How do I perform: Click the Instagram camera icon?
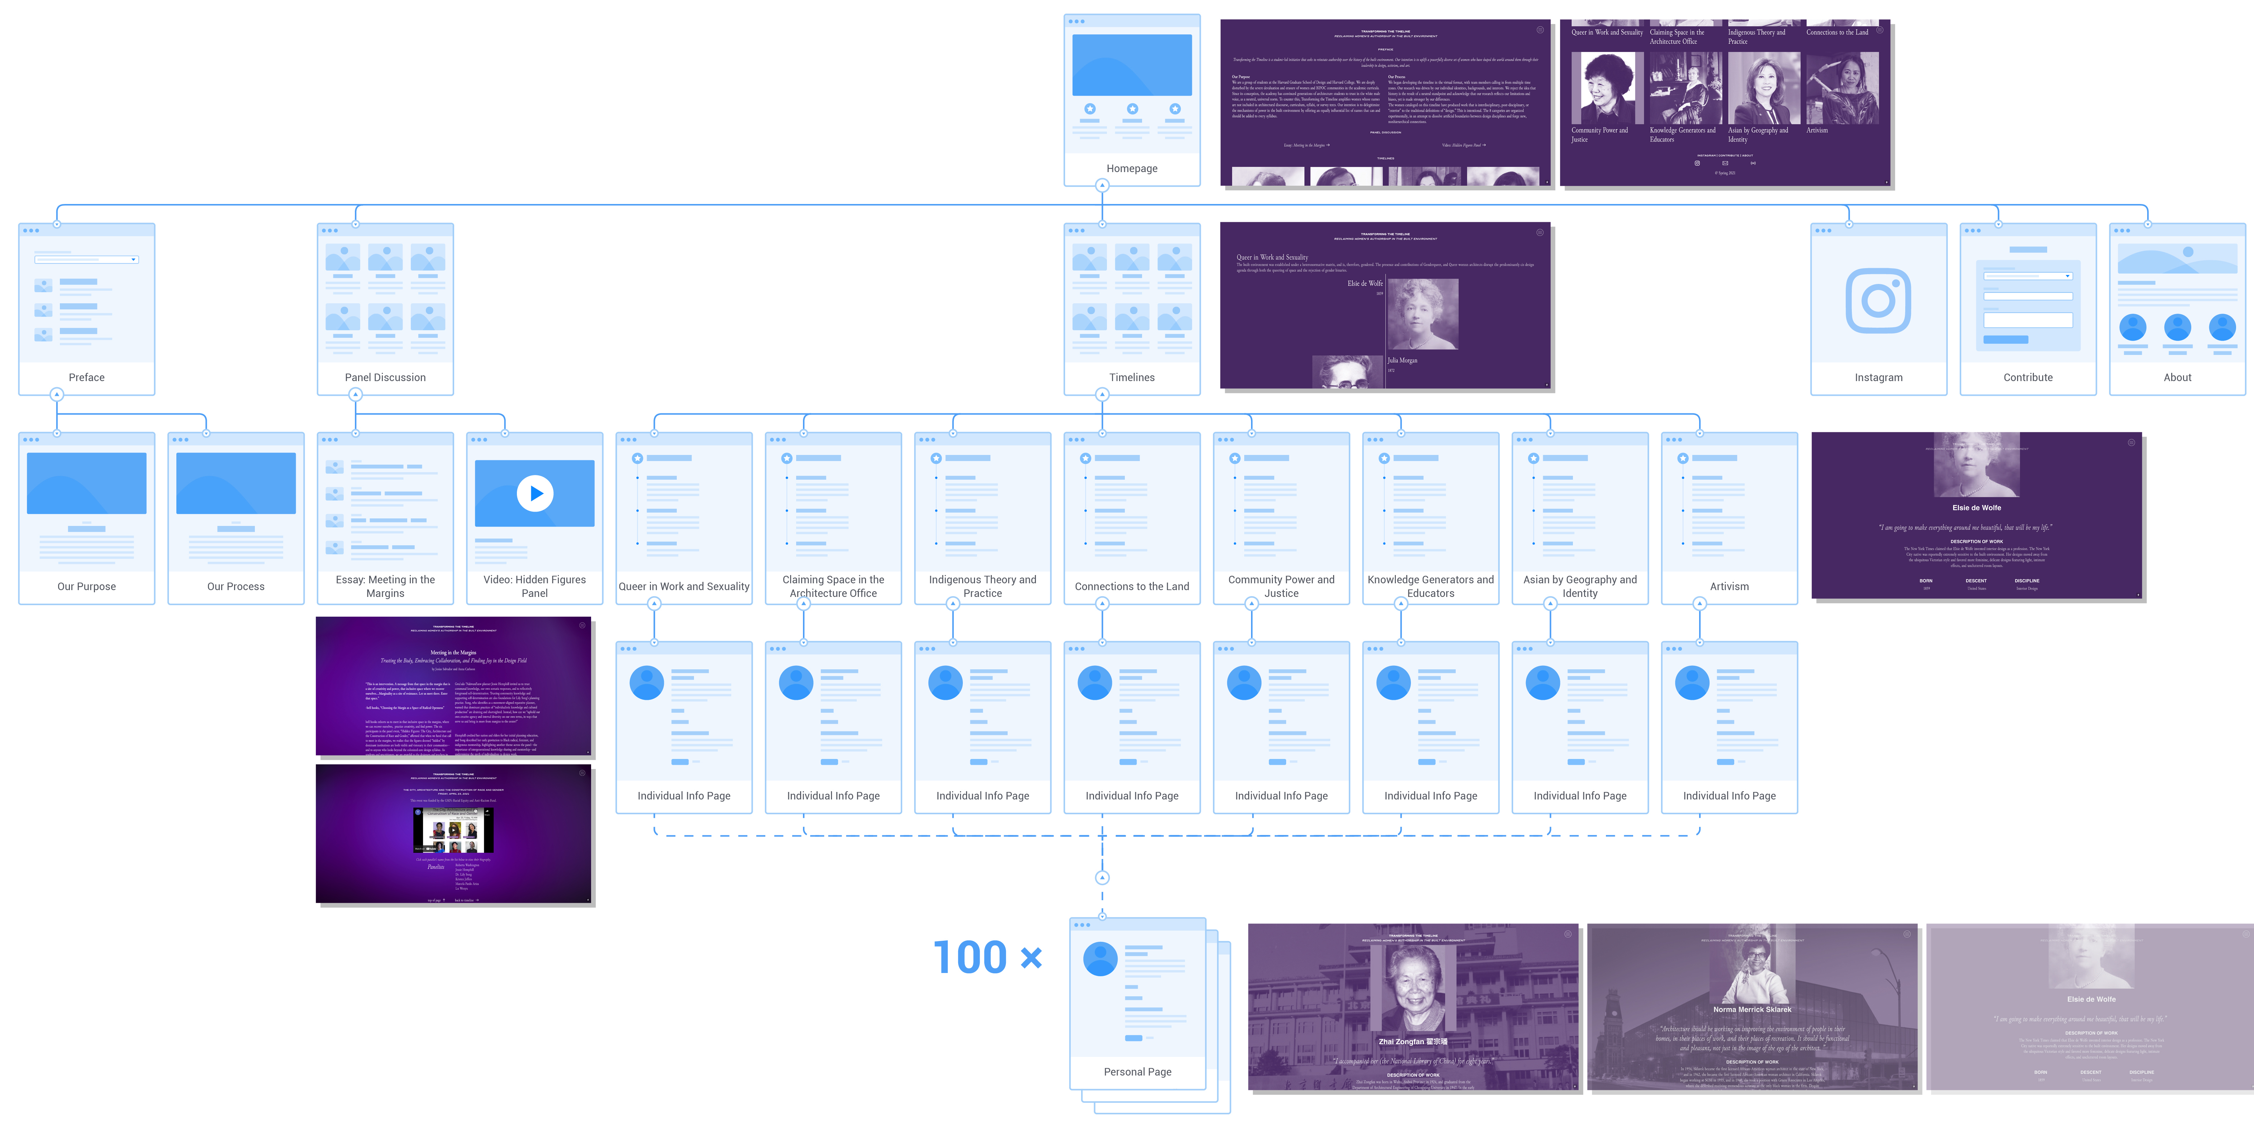1878,300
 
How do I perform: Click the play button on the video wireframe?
534,493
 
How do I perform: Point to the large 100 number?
970,958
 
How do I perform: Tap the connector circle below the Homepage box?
1102,185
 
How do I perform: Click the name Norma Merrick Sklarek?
1752,1010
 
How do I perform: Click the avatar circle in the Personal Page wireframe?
1100,959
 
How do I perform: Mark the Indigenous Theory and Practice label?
982,586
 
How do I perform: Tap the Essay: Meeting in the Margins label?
385,586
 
